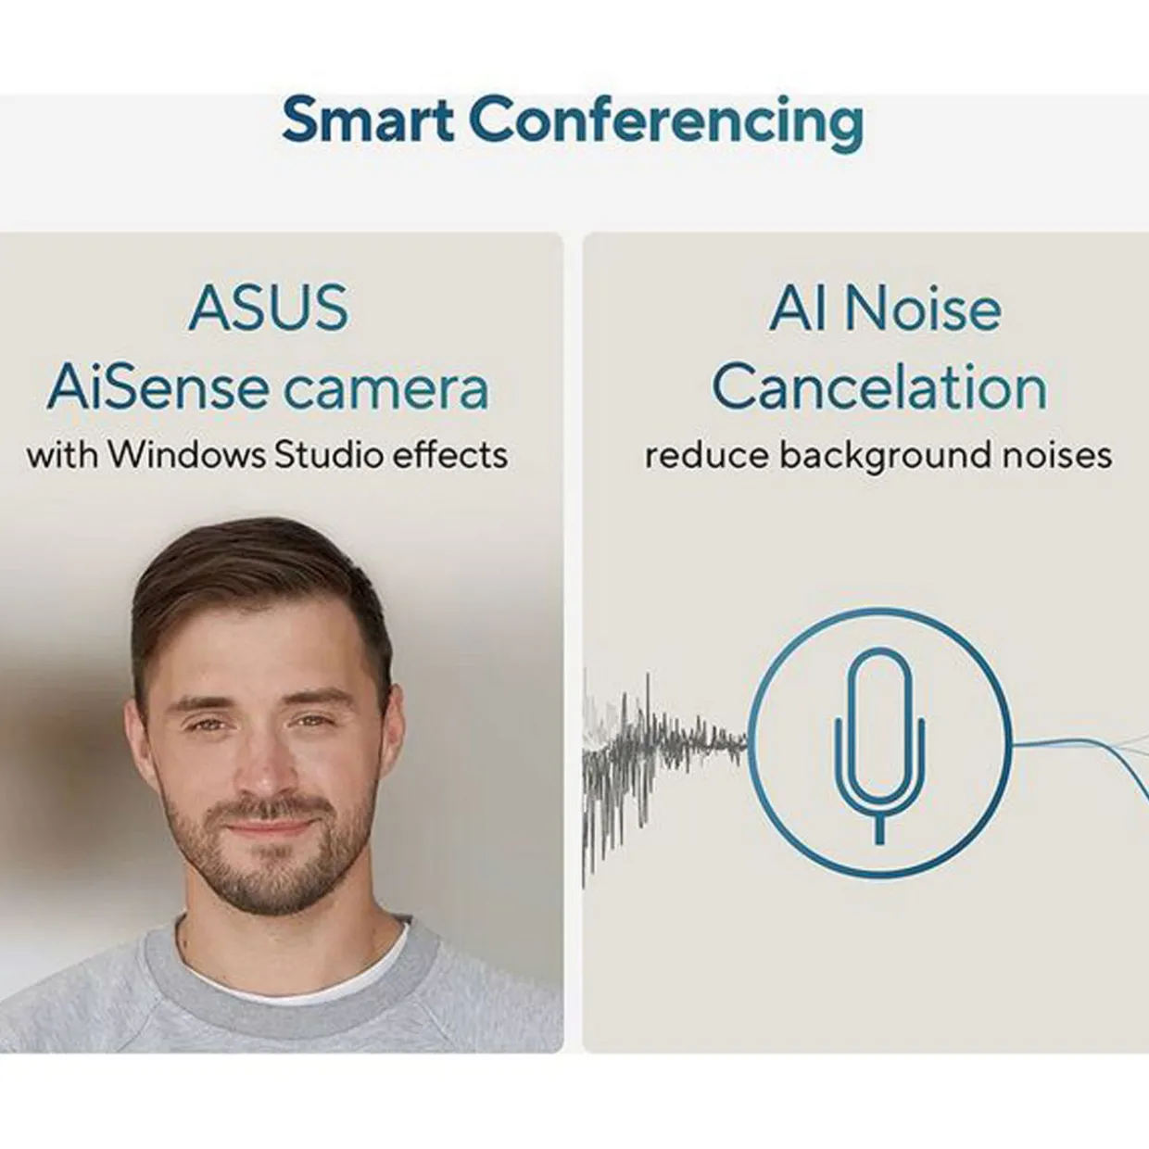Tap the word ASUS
[x=269, y=308]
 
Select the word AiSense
[x=158, y=388]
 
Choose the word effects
[x=450, y=455]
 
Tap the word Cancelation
[x=879, y=387]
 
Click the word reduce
[x=708, y=456]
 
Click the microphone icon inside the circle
[x=879, y=746]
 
